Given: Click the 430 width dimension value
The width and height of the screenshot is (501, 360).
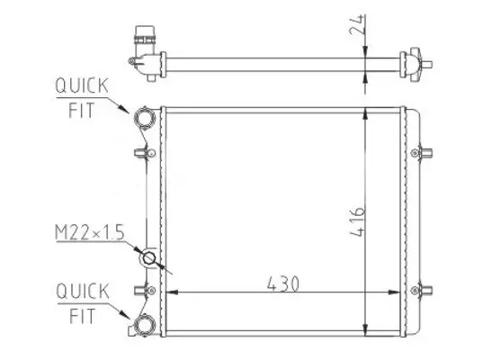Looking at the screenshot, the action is point(283,283).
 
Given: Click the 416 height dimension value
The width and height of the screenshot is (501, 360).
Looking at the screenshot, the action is point(358,222).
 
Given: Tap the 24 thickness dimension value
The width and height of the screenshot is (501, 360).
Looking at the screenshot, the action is point(358,24).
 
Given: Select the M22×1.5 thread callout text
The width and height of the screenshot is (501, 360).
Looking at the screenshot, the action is point(89,232).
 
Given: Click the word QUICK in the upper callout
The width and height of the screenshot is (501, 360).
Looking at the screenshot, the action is point(82,85).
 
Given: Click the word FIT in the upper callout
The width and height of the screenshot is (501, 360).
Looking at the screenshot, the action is point(82,111).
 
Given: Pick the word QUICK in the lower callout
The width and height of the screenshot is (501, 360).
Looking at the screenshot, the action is point(83,291).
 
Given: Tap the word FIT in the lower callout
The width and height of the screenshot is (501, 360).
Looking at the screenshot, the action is point(83,316).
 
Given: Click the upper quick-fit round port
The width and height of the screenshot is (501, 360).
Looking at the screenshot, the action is point(145,118).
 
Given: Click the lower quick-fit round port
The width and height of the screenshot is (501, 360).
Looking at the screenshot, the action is point(145,326).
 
